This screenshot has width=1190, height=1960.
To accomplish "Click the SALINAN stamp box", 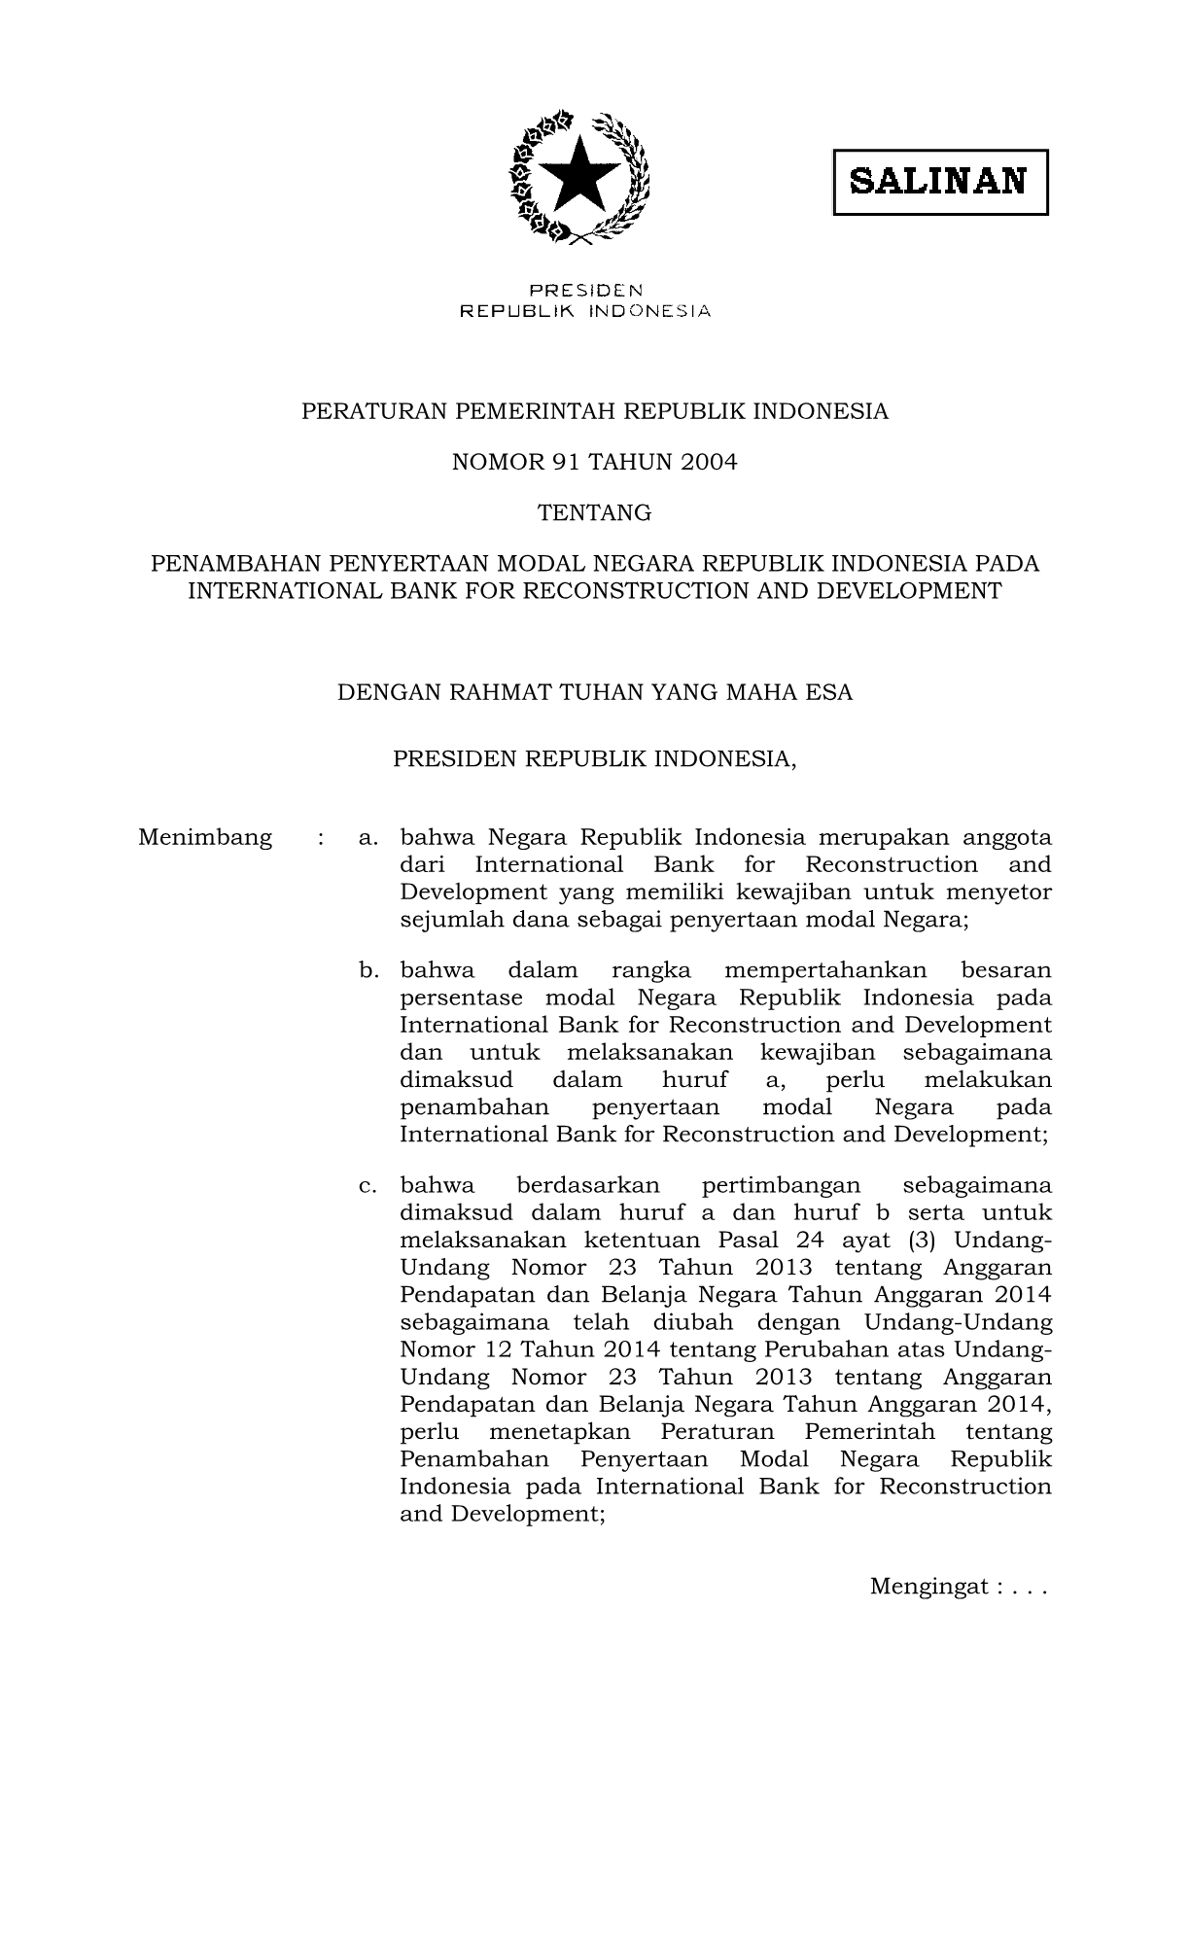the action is [x=939, y=182].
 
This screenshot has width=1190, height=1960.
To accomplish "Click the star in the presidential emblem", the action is [x=579, y=176].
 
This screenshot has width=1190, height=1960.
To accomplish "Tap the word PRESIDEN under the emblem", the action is [x=585, y=290].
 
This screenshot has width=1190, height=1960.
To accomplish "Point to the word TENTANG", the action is [x=595, y=513].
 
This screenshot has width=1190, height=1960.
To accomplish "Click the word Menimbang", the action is [x=205, y=838].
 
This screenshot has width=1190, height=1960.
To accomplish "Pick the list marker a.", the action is [x=367, y=838].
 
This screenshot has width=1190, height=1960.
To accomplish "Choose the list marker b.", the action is [x=367, y=970].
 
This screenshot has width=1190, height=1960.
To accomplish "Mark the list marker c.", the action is [x=367, y=1186].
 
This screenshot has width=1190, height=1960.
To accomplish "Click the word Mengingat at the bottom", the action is [x=927, y=1587].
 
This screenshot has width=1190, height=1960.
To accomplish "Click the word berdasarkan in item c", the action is [x=588, y=1186].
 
